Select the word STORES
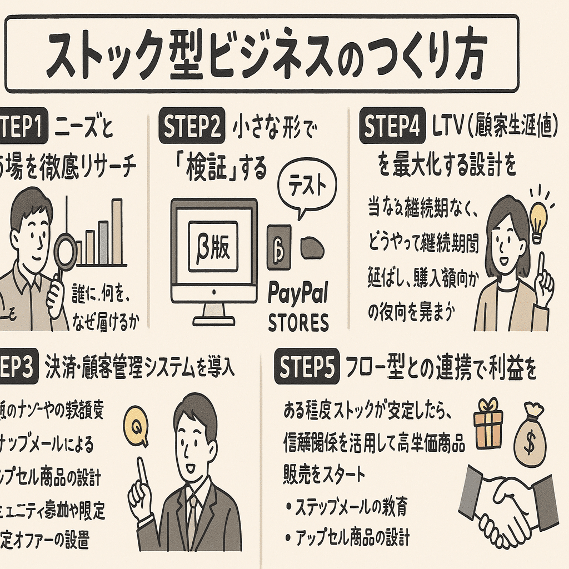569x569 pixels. [298, 323]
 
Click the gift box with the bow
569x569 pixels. [488, 424]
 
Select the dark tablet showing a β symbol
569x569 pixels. [278, 246]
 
